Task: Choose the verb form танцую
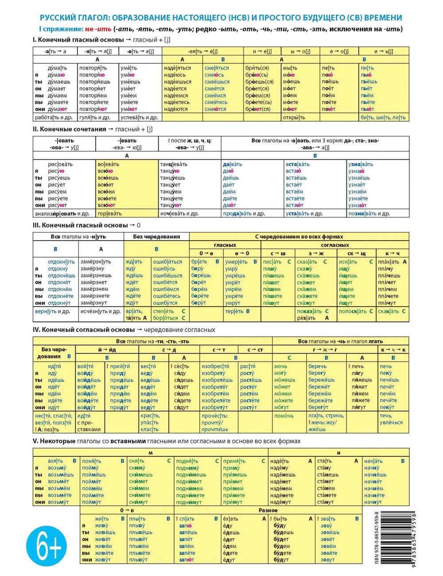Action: point(170,171)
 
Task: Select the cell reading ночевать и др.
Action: point(179,214)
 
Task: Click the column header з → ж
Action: point(316,253)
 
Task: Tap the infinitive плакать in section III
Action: point(389,262)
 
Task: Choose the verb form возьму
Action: point(57,468)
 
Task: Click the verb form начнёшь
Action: point(375,475)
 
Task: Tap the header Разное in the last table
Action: point(268,510)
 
